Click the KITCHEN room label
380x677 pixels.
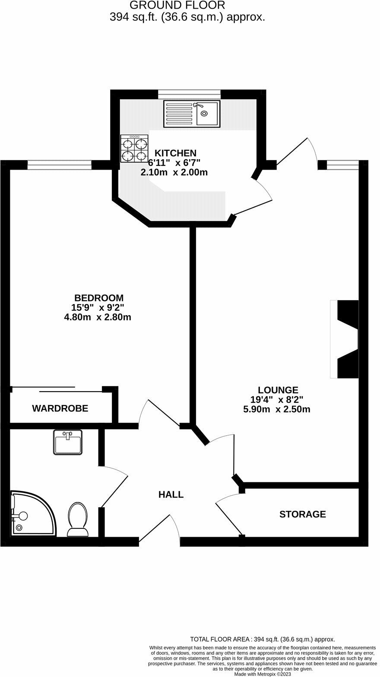[175, 153]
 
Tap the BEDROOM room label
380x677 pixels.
[99, 298]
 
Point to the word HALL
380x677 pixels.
[171, 494]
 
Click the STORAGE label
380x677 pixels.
[302, 514]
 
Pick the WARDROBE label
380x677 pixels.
[60, 408]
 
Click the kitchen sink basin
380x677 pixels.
[207, 113]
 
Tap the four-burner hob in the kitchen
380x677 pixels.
[134, 149]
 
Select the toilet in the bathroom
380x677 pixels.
[78, 519]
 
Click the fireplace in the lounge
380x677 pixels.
[345, 339]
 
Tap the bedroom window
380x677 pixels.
[60, 165]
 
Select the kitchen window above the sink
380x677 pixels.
[189, 94]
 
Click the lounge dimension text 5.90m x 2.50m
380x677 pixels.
[276, 409]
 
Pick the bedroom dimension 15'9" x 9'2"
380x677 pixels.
[98, 308]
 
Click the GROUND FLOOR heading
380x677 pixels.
[177, 5]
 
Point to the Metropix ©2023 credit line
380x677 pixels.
[263, 674]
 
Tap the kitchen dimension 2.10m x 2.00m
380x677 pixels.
[174, 172]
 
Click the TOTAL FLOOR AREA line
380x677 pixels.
[263, 639]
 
